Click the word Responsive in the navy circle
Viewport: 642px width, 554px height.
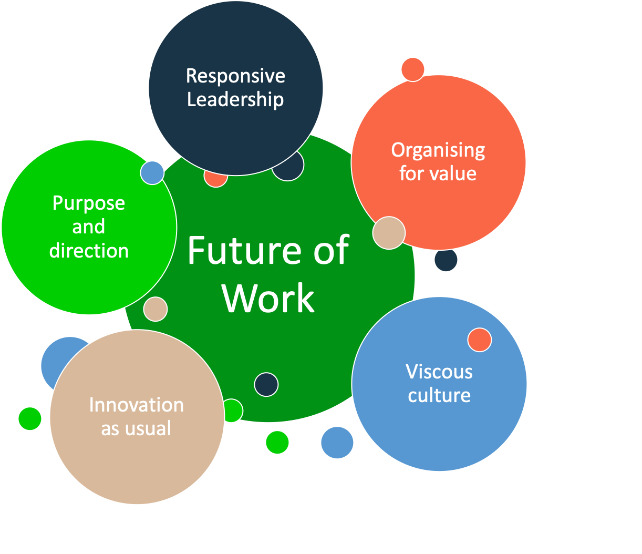point(235,76)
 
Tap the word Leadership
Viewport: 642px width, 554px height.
point(235,99)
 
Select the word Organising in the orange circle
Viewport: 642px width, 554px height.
point(438,151)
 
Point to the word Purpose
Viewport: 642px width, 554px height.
point(88,204)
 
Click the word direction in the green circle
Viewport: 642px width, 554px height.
point(89,250)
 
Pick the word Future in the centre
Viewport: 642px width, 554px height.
point(245,250)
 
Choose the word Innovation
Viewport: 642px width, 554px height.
point(137,405)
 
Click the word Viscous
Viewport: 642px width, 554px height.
point(439,372)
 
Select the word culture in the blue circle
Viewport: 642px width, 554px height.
point(439,395)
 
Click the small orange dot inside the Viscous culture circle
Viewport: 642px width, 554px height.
point(479,340)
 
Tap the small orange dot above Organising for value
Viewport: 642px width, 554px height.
point(412,69)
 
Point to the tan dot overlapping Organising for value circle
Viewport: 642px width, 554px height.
point(389,233)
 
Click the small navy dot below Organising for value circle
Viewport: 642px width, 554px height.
point(446,260)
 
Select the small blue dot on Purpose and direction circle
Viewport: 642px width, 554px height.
point(152,173)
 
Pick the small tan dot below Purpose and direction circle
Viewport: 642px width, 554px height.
point(156,309)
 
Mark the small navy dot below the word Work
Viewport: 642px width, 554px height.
point(266,384)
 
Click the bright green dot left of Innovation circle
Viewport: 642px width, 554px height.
point(30,418)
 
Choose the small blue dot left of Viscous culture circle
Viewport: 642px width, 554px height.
point(337,443)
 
